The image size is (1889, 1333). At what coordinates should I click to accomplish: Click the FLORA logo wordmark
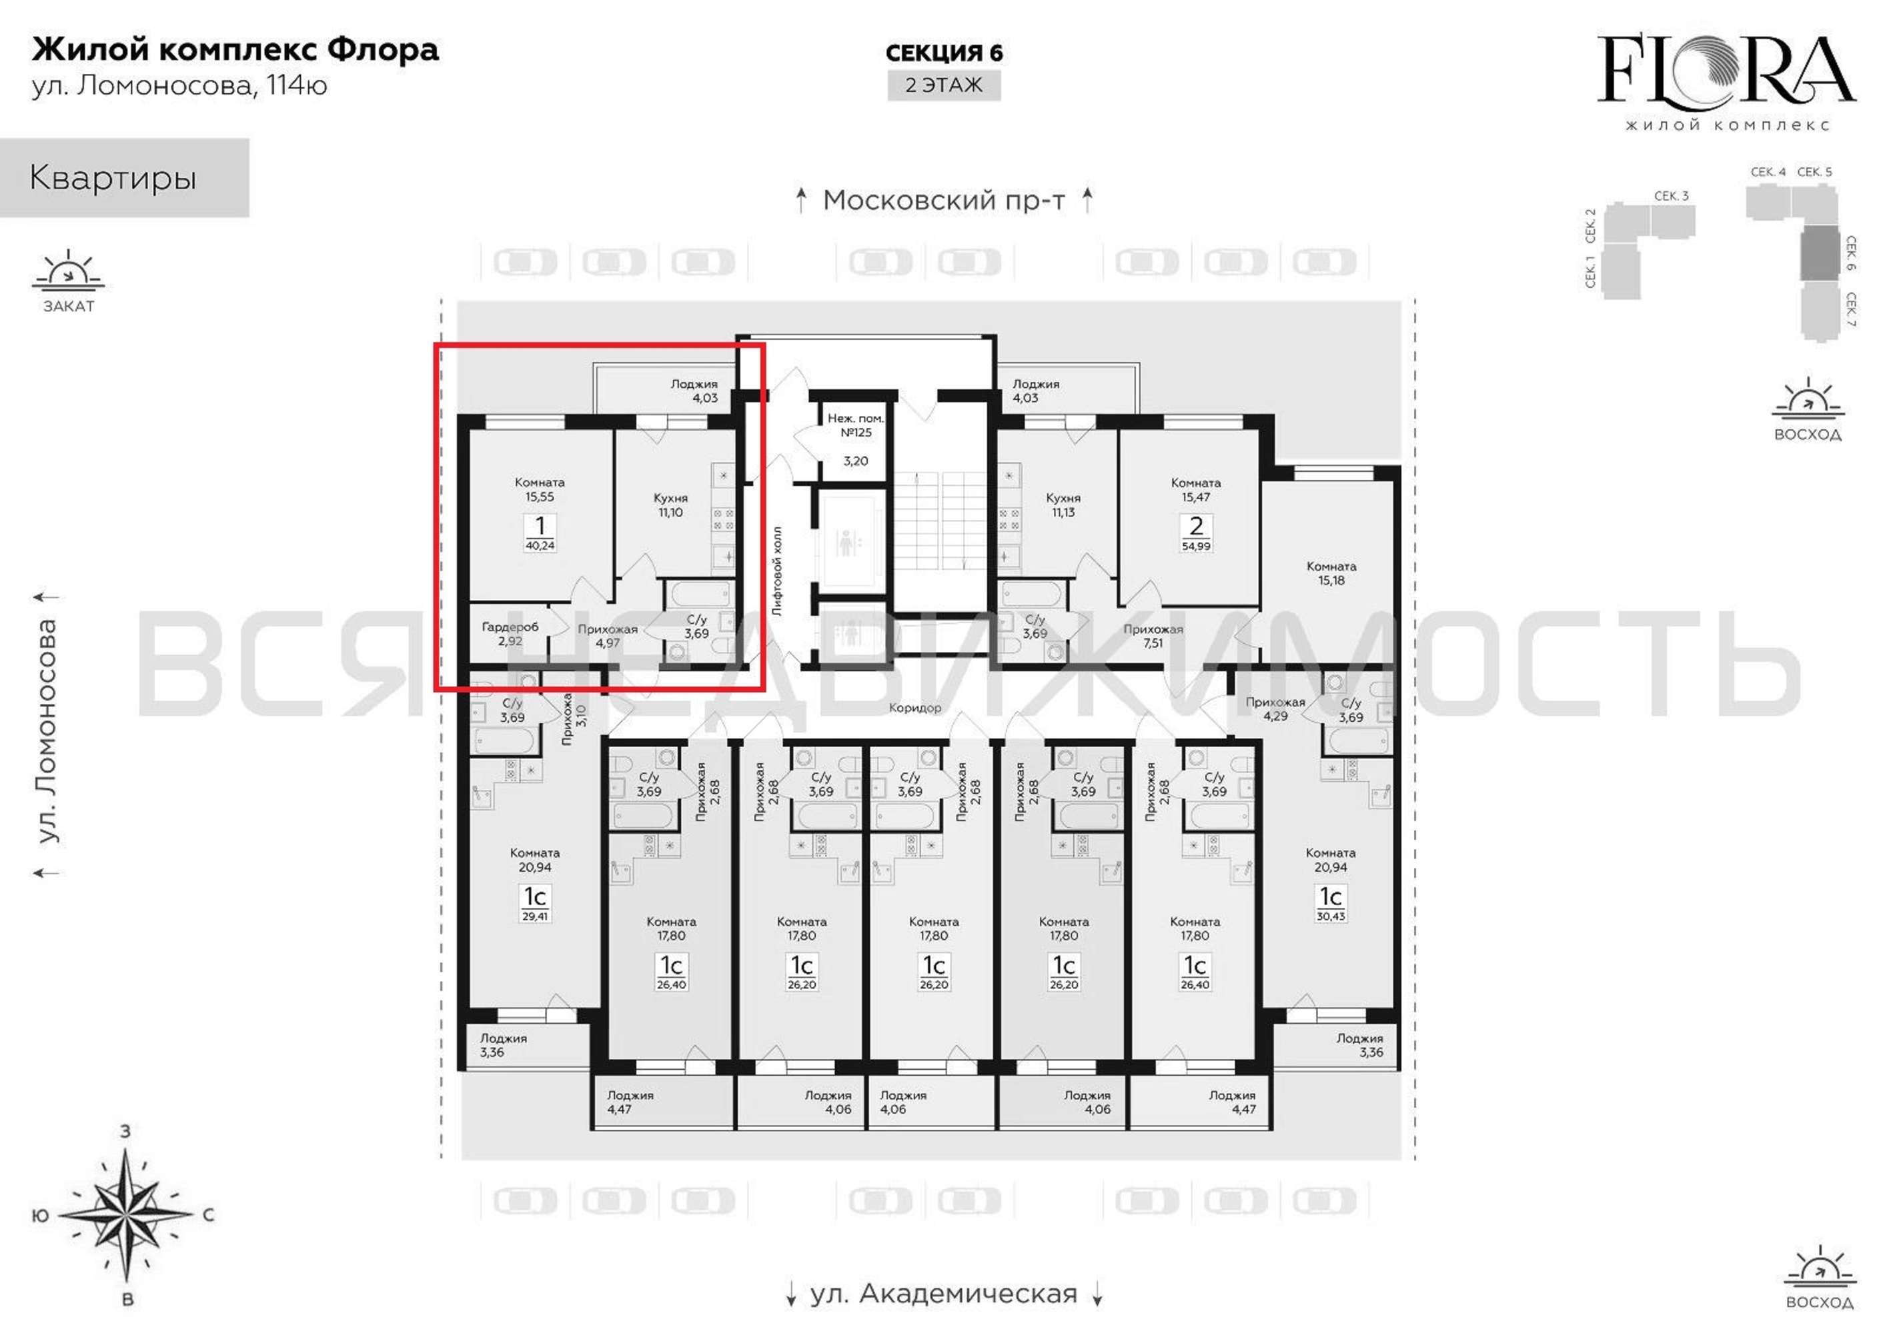tap(1727, 69)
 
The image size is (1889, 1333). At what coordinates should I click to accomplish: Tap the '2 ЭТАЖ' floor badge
tap(944, 85)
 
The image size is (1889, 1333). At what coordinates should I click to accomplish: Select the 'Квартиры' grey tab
tap(124, 178)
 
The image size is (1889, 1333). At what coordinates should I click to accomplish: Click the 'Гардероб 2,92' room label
tap(510, 633)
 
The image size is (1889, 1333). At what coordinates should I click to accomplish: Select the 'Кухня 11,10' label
tap(670, 505)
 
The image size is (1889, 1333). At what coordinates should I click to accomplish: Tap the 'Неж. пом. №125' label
tap(856, 425)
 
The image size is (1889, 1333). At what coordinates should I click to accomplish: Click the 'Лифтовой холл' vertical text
tap(778, 571)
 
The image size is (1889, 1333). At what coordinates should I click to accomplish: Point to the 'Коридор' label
tap(915, 707)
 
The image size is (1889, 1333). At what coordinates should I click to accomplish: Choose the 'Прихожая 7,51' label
tap(1153, 636)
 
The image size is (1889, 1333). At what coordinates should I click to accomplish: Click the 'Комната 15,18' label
tap(1331, 573)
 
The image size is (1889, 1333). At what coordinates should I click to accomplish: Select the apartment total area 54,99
tap(1195, 546)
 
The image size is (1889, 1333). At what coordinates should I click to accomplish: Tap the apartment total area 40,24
tap(540, 545)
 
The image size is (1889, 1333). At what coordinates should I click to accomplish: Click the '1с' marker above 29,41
tap(535, 896)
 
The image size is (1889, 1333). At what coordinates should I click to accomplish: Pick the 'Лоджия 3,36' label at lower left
tap(503, 1044)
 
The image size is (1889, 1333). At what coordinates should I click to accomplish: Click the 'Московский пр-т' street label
tap(944, 200)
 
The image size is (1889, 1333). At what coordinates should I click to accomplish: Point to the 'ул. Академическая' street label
tap(944, 1294)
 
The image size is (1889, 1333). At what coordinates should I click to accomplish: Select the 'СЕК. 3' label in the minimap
tap(1672, 196)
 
